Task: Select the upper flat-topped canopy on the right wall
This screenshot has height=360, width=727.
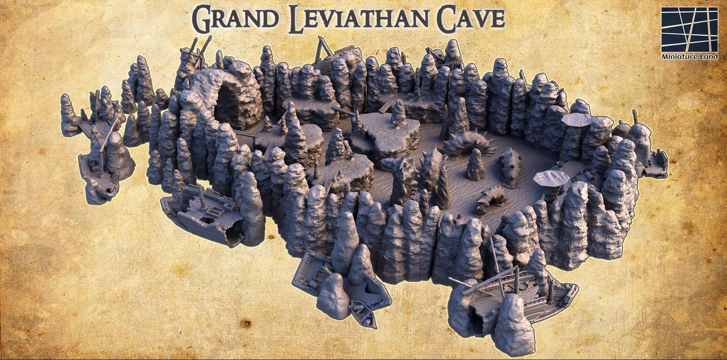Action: point(576,120)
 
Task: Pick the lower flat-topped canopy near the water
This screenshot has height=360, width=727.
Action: point(551,177)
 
